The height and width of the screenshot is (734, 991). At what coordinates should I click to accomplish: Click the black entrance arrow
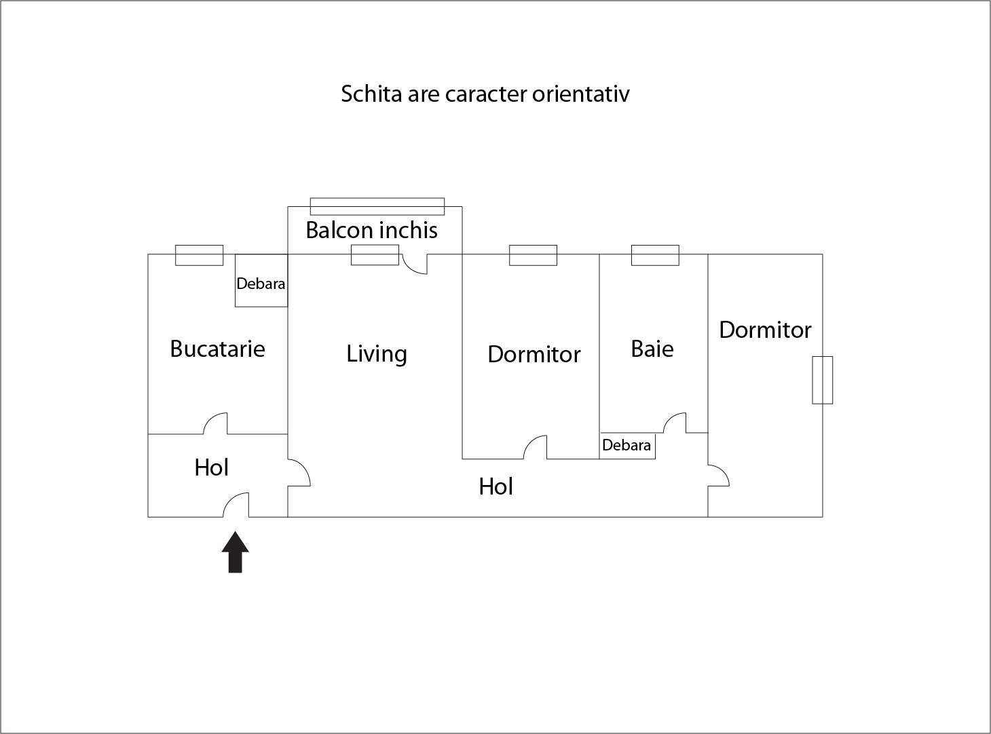click(236, 552)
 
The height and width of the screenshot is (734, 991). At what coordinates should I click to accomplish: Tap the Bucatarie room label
click(217, 349)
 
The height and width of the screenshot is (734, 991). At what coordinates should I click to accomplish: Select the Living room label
click(377, 353)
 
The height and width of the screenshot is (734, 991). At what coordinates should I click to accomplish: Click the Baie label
click(652, 349)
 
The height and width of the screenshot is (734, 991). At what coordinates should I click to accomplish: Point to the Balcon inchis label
click(371, 230)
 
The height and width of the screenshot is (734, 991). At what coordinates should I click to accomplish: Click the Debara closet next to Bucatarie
click(261, 283)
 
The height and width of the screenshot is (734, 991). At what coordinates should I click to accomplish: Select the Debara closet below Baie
click(627, 445)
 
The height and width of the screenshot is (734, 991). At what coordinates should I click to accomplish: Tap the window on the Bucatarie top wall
click(200, 255)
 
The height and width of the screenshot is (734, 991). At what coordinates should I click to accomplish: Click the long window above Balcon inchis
click(377, 206)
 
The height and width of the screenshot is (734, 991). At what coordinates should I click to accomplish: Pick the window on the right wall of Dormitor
click(823, 380)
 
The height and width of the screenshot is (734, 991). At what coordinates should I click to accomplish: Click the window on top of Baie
click(655, 255)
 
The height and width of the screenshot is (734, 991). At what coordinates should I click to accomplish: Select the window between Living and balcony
click(375, 255)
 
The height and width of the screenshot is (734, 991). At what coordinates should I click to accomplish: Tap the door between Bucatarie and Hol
click(215, 423)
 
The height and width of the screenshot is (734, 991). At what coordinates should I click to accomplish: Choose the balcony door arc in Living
click(415, 264)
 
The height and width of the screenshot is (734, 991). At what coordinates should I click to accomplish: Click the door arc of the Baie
click(675, 423)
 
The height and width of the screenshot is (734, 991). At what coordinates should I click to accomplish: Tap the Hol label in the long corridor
click(495, 486)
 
